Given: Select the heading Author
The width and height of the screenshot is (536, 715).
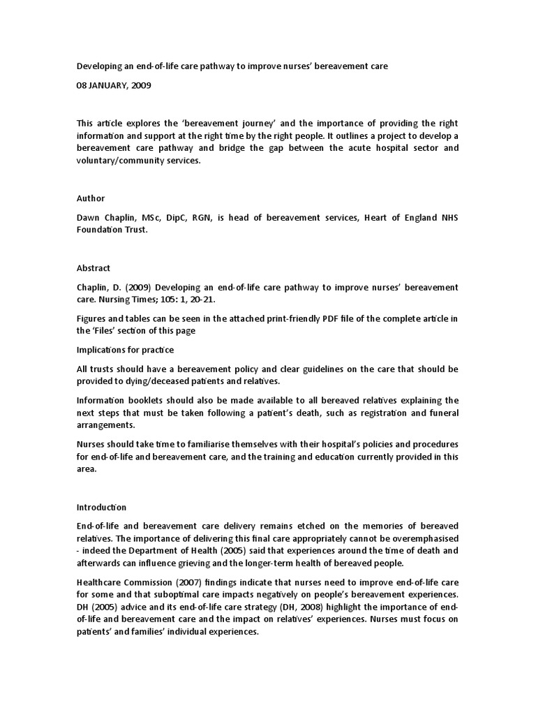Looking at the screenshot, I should [91, 198].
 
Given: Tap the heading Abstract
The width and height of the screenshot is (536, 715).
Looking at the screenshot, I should [94, 267].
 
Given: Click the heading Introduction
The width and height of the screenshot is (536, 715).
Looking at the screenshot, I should [102, 507].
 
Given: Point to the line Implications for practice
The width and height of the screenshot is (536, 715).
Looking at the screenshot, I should [126, 349].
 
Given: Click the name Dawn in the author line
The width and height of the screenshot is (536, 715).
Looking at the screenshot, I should [89, 218].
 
